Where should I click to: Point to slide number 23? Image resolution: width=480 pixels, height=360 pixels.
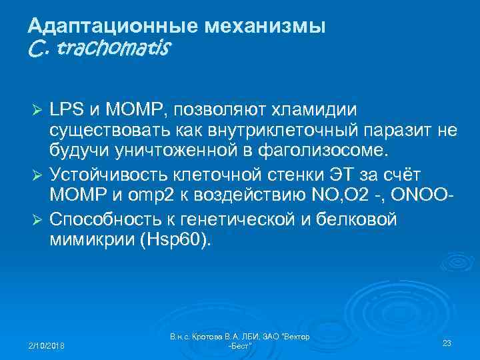coord(447,343)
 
